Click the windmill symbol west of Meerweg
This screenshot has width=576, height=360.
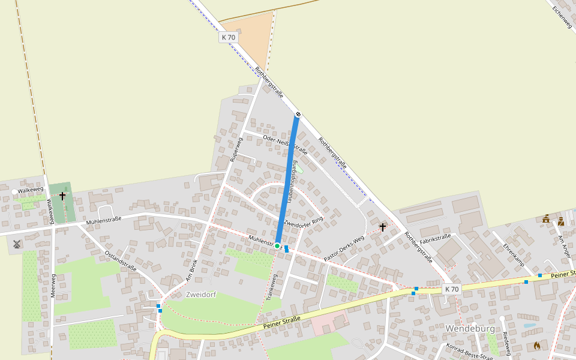(x=16, y=244)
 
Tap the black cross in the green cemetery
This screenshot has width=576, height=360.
(x=62, y=196)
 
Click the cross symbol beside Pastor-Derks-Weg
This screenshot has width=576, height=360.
(x=383, y=227)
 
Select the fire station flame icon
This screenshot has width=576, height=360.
(x=536, y=346)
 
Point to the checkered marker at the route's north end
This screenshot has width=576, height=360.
(x=298, y=114)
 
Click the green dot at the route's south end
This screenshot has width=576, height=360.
(x=278, y=246)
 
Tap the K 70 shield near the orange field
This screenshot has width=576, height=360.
(x=229, y=37)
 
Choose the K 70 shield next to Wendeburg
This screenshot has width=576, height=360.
(x=452, y=289)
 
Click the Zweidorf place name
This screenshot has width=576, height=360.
(x=200, y=295)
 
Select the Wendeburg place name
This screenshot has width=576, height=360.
(x=470, y=329)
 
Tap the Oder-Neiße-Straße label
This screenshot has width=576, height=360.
(x=285, y=143)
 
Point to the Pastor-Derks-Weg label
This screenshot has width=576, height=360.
(x=344, y=248)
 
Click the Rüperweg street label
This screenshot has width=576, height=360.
(x=236, y=150)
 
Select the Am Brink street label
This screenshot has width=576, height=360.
(x=191, y=271)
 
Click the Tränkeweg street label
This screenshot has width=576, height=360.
(x=271, y=287)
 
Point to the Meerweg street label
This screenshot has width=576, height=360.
(x=53, y=286)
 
